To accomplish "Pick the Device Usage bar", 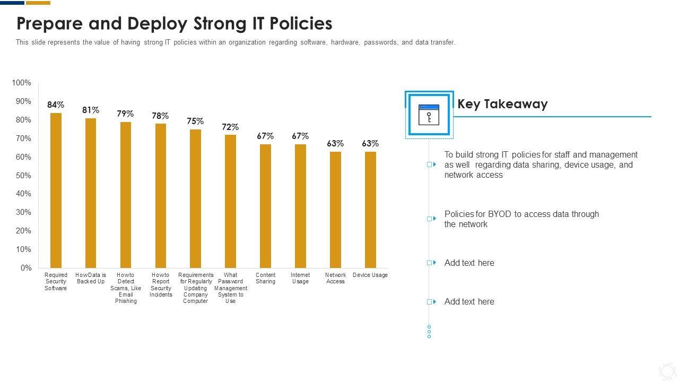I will click(x=370, y=210).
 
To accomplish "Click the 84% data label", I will click(x=56, y=105).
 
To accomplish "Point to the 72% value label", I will click(x=230, y=127).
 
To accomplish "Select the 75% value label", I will click(x=195, y=121).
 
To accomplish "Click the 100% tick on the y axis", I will click(x=22, y=83).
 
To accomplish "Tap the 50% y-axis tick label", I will click(x=23, y=176).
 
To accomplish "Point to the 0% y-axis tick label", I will click(x=26, y=268).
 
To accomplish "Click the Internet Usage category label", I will click(x=300, y=278).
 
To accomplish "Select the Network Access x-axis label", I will click(x=335, y=278).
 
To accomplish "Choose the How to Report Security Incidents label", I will click(x=161, y=285).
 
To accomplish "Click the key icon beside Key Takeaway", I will click(x=429, y=115).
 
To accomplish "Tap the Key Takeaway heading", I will click(x=502, y=104).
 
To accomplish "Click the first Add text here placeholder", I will click(x=469, y=263).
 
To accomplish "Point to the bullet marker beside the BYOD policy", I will click(x=431, y=219).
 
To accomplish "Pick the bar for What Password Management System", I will click(x=230, y=201).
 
